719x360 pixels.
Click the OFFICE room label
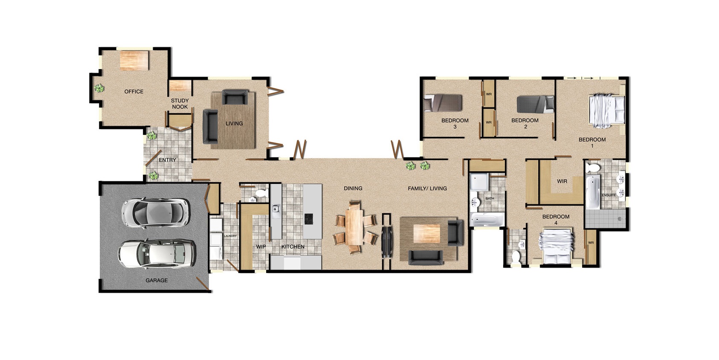click(133, 91)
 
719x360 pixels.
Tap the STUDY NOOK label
click(180, 104)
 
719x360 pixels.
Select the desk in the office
click(134, 60)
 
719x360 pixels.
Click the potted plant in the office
click(99, 88)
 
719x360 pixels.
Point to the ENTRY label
click(167, 160)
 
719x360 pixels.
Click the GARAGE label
click(157, 280)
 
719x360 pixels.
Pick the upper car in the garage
click(155, 212)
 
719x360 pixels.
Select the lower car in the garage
click(157, 253)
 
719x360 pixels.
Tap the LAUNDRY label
click(230, 236)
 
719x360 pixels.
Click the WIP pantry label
click(261, 247)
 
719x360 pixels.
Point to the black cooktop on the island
click(309, 219)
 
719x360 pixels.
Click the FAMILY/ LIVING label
click(427, 188)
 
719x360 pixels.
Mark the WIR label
click(562, 181)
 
